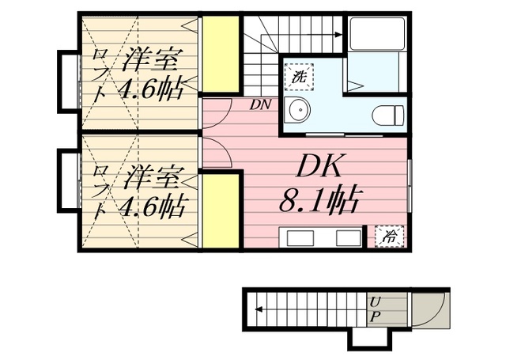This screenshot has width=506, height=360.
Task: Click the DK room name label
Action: pyautogui.click(x=319, y=166)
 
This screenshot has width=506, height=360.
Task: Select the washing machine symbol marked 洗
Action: pyautogui.click(x=300, y=78)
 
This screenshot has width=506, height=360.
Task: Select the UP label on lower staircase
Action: pyautogui.click(x=375, y=309)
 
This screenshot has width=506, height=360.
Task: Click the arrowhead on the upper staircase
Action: pyautogui.click(x=338, y=34)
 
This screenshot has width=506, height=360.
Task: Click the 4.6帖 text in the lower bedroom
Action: pyautogui.click(x=151, y=208)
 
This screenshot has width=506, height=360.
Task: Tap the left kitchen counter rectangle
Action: pyautogui.click(x=300, y=238)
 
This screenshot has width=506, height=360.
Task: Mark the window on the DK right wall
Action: pyautogui.click(x=410, y=181)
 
